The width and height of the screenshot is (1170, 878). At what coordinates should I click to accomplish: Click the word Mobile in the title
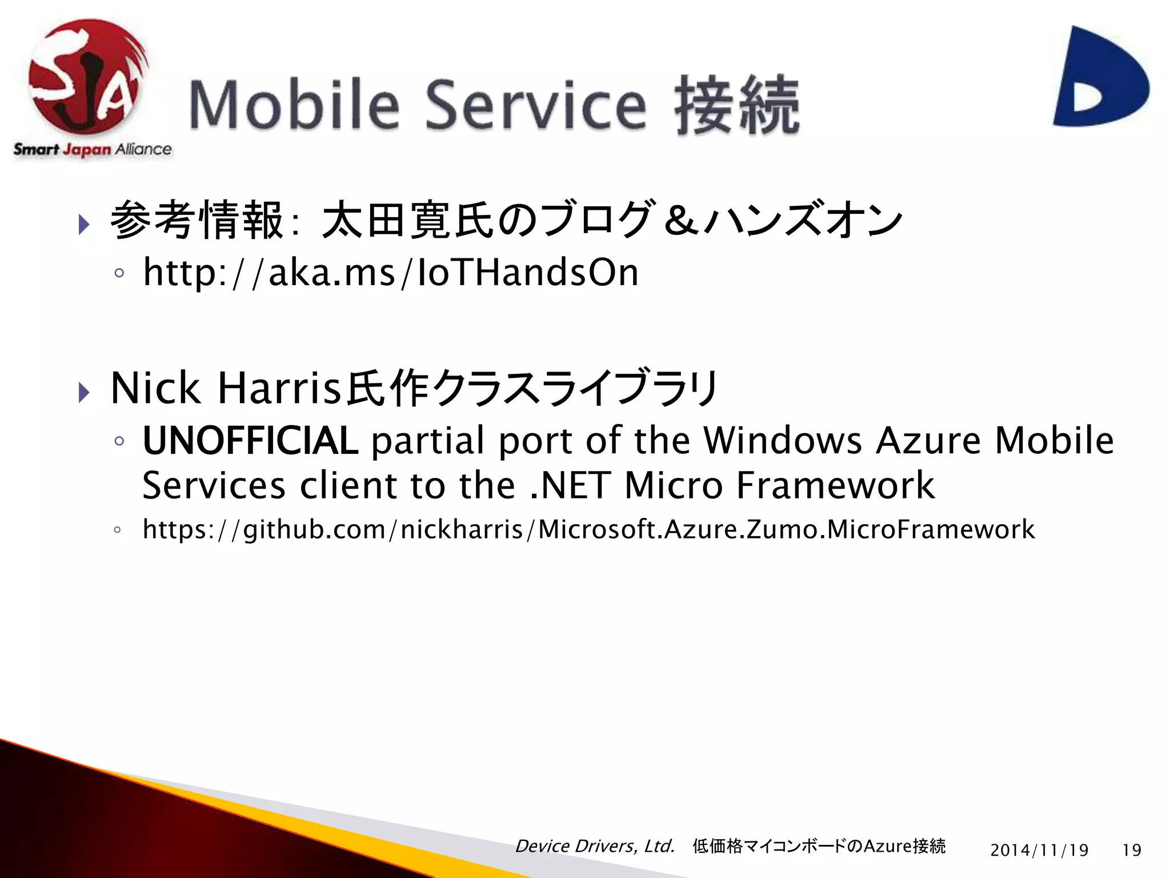click(x=294, y=106)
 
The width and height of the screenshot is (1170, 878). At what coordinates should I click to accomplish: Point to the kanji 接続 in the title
click(x=737, y=106)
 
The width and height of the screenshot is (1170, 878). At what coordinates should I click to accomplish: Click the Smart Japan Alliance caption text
click(x=93, y=150)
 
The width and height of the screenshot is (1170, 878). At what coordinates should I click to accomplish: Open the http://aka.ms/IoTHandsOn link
click(x=391, y=273)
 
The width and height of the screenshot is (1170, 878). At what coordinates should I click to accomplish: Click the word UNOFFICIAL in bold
click(x=250, y=441)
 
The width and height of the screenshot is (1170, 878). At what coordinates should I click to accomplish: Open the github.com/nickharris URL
click(x=588, y=529)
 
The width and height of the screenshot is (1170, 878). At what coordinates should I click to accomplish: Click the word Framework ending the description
click(x=835, y=485)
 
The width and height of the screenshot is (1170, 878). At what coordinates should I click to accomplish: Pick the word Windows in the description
click(x=782, y=441)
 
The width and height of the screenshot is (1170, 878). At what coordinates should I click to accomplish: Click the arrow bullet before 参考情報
click(x=84, y=224)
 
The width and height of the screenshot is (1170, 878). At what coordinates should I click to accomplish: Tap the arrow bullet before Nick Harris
click(x=84, y=392)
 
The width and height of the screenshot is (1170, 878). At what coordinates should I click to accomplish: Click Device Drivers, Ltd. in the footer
click(x=595, y=846)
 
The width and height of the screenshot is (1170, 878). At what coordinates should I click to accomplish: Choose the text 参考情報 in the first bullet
click(x=197, y=220)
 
